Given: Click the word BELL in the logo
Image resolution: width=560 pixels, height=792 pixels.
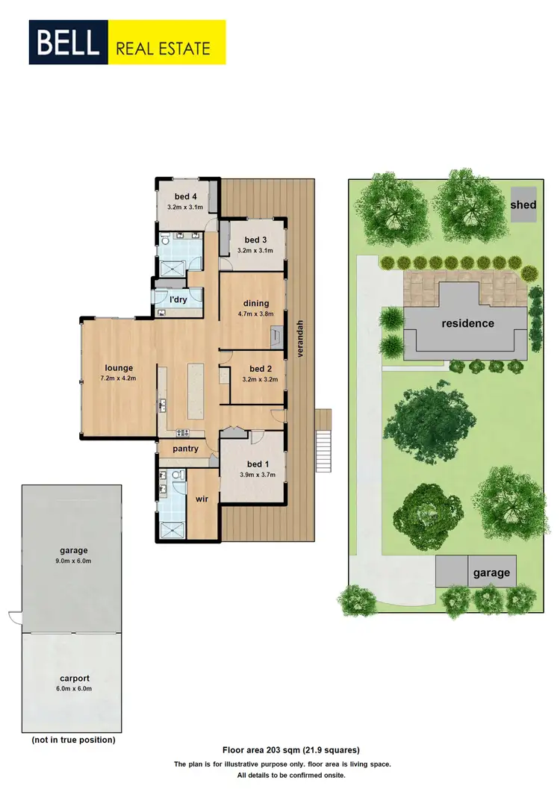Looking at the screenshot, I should coord(68,42).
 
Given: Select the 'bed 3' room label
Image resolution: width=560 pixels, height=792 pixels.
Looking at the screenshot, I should coord(256,240).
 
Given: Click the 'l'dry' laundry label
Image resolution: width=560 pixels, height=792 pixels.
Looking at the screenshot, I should coord(178,299).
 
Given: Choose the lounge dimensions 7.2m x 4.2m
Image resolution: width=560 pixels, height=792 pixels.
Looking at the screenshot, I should coord(119,378).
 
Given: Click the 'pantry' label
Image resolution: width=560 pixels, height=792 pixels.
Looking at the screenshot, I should coord(185,449).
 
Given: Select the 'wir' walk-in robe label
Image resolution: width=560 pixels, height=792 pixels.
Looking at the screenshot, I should coord(201,499).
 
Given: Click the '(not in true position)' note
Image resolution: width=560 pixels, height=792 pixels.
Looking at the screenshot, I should coord(73,740).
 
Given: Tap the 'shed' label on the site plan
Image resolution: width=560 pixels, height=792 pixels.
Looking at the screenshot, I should coord(523,205).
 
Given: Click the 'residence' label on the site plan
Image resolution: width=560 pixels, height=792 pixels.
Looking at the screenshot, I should coord(467,323).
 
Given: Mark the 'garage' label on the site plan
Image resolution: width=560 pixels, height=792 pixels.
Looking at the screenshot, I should coord(491,573).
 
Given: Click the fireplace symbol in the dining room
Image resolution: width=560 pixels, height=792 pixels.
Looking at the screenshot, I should coord(277,337).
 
